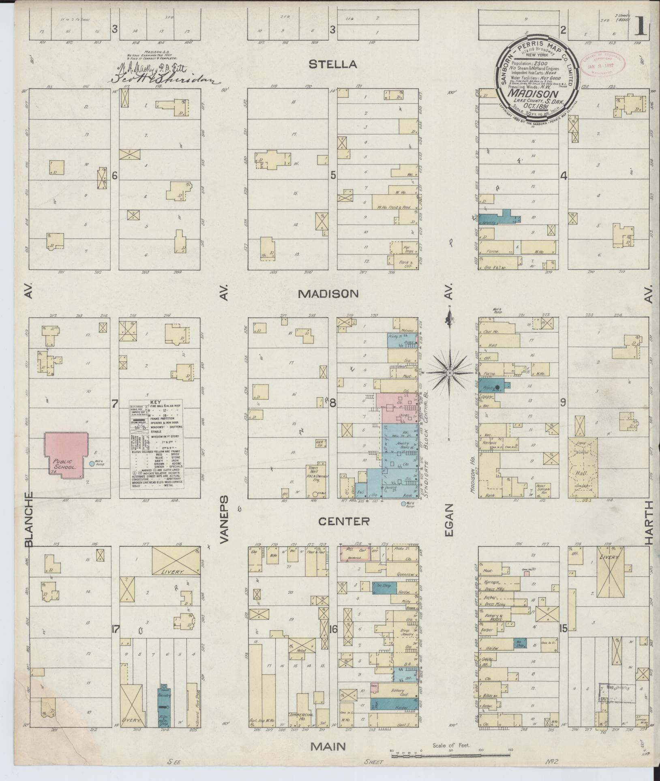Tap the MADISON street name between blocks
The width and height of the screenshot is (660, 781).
(328, 294)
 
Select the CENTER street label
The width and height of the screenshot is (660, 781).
(343, 521)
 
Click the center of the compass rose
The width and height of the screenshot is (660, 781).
(449, 372)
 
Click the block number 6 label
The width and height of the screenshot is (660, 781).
(115, 176)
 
